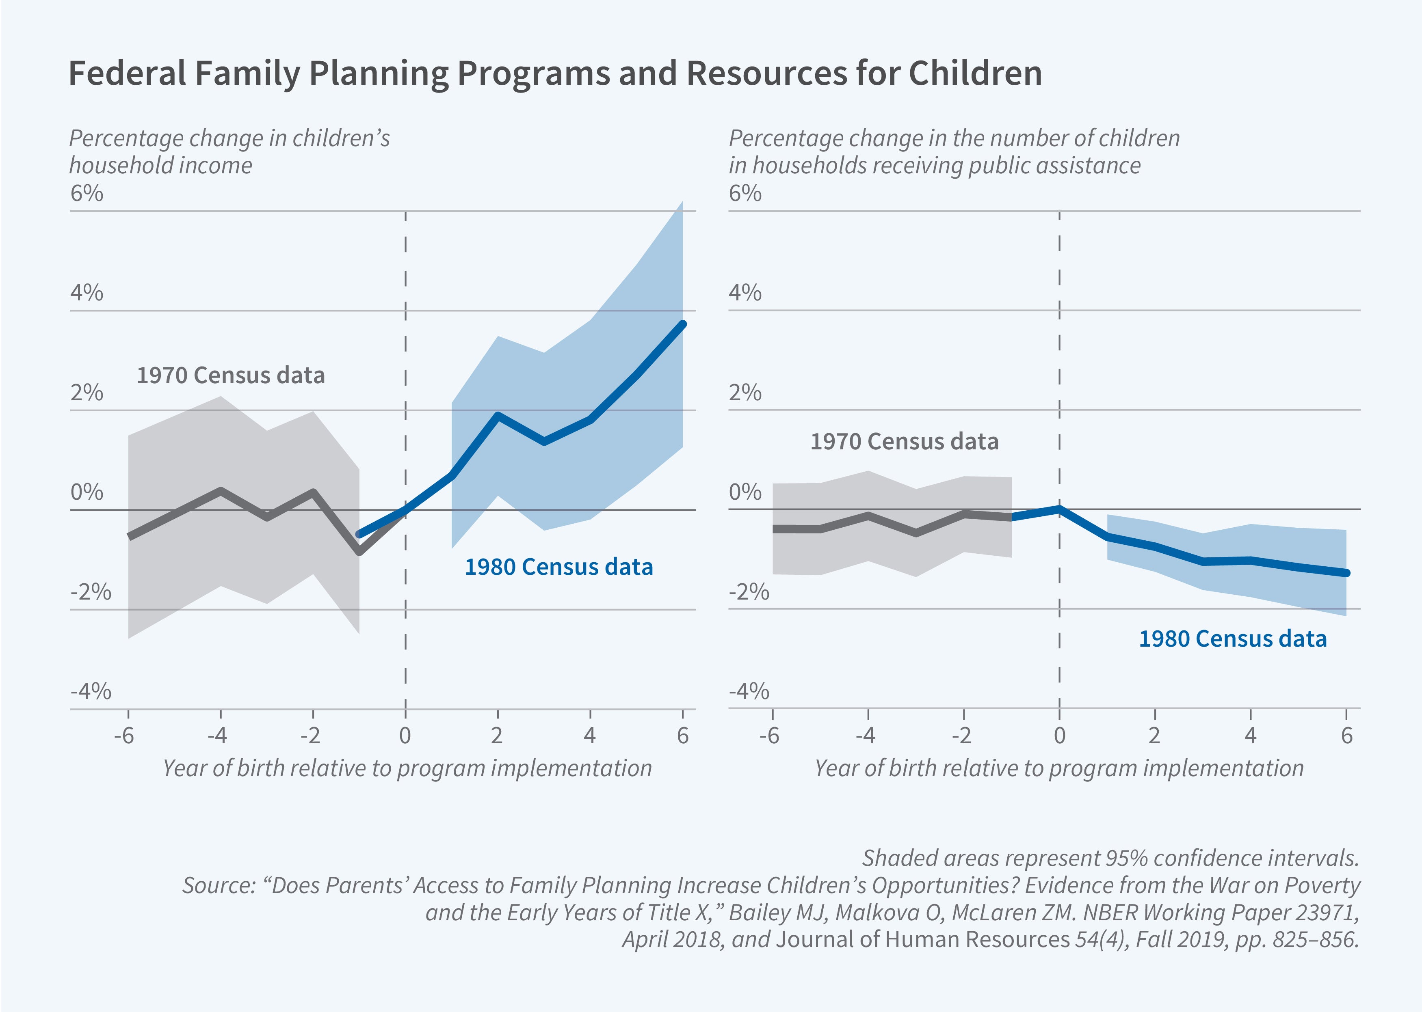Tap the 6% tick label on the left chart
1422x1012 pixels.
click(x=87, y=193)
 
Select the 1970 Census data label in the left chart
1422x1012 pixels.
click(x=231, y=375)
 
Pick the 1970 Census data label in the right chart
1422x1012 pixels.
click(x=904, y=441)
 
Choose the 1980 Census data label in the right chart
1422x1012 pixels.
click(x=1232, y=639)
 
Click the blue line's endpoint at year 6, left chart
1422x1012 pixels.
click(x=683, y=324)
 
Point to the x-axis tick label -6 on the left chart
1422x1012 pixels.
click(x=124, y=736)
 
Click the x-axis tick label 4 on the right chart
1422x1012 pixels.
click(x=1250, y=736)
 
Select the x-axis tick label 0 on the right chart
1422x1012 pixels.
click(x=1059, y=736)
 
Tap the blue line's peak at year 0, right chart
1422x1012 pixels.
click(x=1059, y=509)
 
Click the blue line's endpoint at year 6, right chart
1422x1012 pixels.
click(x=1346, y=573)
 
